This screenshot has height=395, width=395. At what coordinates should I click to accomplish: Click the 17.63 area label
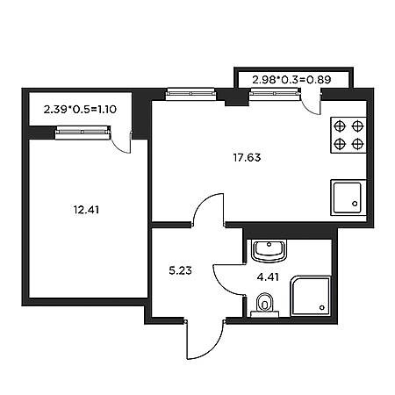click(x=247, y=158)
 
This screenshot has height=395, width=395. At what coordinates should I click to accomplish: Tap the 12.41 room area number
click(x=86, y=210)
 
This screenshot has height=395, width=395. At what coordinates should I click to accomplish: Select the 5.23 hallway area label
click(x=180, y=270)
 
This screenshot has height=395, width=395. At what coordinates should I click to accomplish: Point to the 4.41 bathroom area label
click(x=268, y=276)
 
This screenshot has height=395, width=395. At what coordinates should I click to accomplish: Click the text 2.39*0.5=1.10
click(x=80, y=110)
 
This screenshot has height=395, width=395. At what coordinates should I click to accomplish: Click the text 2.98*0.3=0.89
click(x=291, y=80)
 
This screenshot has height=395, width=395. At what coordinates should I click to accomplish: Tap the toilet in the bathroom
click(x=265, y=305)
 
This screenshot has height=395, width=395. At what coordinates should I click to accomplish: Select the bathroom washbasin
click(x=269, y=251)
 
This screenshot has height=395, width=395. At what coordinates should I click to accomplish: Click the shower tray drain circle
click(x=322, y=307)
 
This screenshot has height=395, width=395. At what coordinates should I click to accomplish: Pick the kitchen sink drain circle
click(x=355, y=204)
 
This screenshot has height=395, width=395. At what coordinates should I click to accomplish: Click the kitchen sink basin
click(x=348, y=197)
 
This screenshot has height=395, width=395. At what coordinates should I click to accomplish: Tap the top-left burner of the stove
click(x=340, y=126)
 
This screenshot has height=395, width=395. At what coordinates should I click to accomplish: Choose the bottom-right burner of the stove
click(x=357, y=144)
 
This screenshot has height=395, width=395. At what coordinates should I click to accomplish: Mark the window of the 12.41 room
click(x=83, y=133)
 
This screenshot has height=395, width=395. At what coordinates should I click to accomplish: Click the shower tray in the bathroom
click(x=311, y=296)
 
